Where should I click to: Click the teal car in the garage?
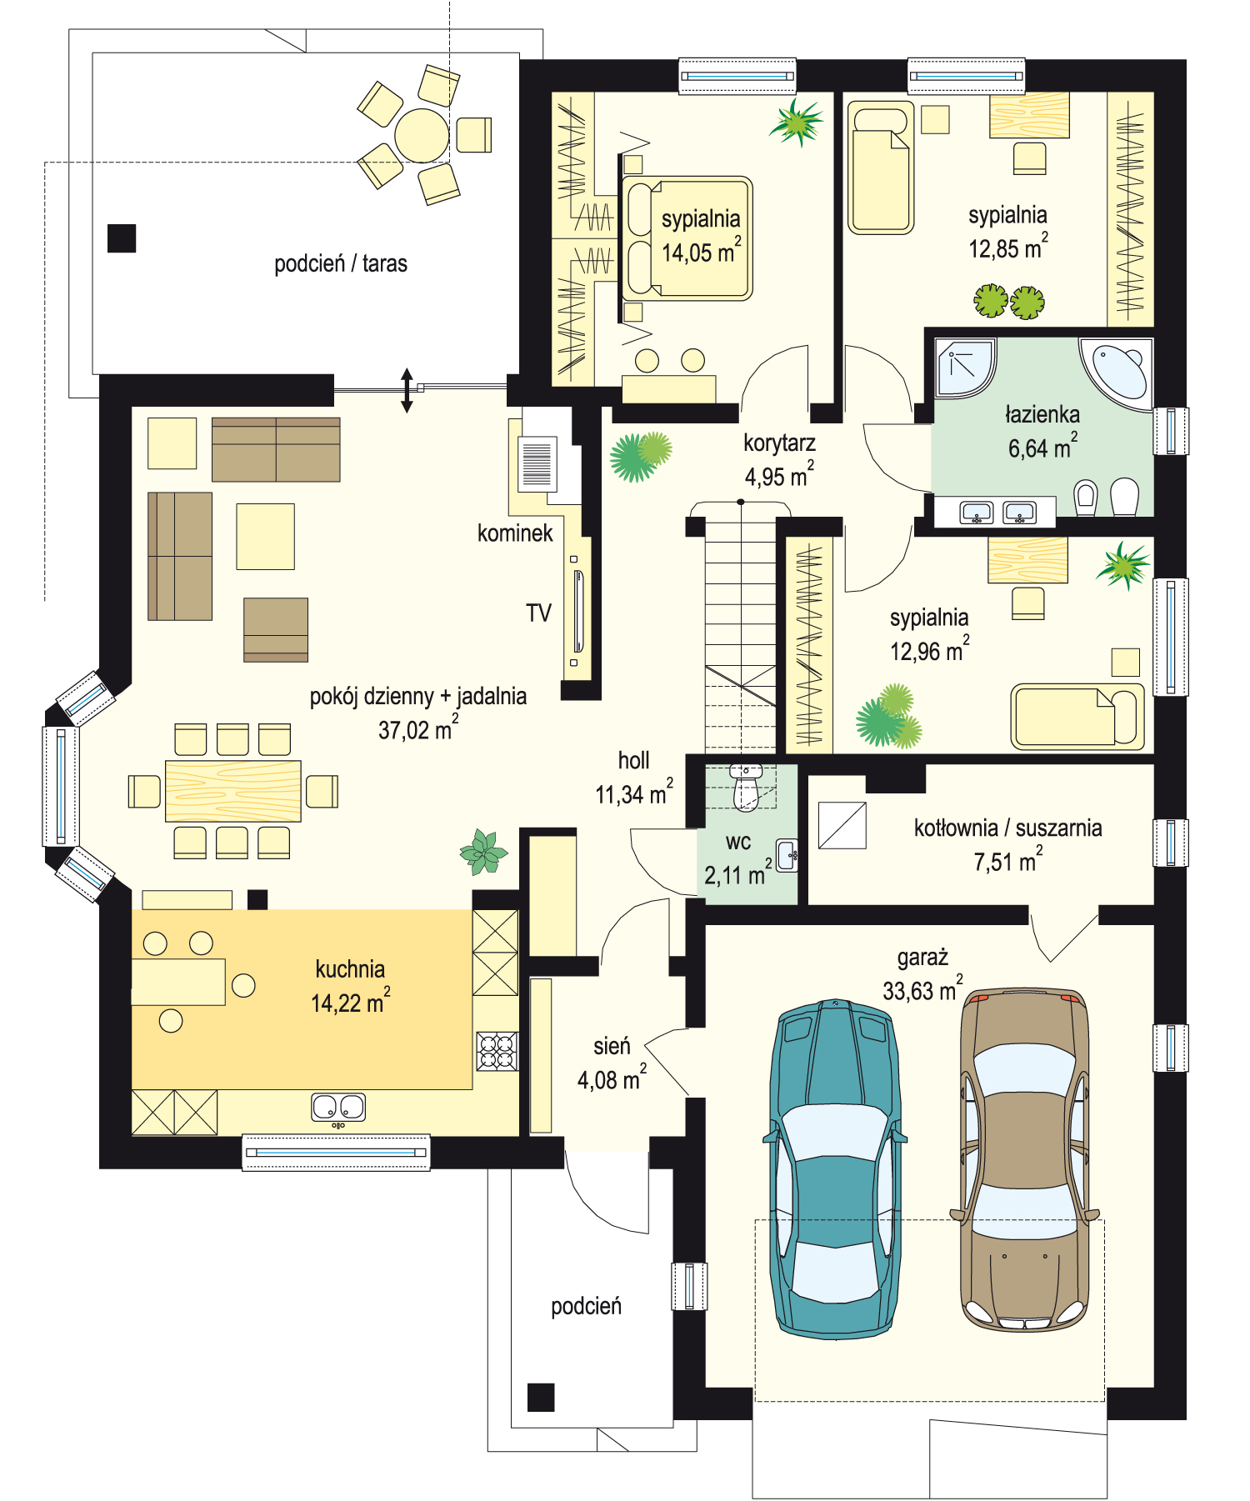pos(835,1169)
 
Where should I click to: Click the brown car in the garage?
pos(1025,1158)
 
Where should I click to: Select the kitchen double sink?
pos(338,1108)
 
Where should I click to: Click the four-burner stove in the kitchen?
pos(497,1051)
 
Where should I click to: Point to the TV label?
pos(538,613)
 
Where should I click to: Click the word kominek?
pos(515,533)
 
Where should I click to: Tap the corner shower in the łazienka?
pos(965,368)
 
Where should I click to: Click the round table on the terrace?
pos(422,135)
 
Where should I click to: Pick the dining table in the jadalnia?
pos(233,791)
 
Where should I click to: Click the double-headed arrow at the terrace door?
pos(407,390)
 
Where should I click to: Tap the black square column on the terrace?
pos(122,238)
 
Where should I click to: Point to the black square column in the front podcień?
pos(541,1398)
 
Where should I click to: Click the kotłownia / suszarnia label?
pos(1007,828)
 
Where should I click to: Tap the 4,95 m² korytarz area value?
pos(778,476)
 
